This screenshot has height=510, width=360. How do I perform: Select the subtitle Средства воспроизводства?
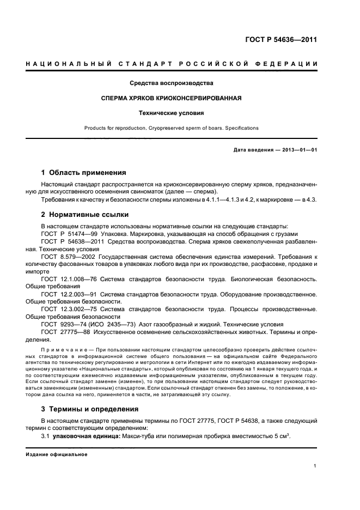click(x=171, y=83)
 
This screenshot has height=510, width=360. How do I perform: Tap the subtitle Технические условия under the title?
click(x=171, y=113)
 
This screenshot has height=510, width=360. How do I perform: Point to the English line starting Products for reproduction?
click(x=171, y=128)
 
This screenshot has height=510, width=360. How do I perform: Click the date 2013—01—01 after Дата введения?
click(x=297, y=149)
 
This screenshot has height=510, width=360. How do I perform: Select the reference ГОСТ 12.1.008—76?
click(x=67, y=279)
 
